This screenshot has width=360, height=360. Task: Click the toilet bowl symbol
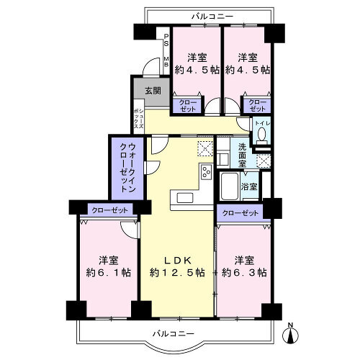pyautogui.click(x=261, y=134)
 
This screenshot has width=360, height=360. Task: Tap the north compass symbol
pyautogui.click(x=290, y=333)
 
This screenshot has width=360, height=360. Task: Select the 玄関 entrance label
pyautogui.click(x=153, y=91)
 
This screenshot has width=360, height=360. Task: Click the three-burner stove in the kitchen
pyautogui.click(x=207, y=171)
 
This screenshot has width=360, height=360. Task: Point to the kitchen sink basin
pyautogui.click(x=185, y=198)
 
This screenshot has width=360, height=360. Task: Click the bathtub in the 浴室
pyautogui.click(x=230, y=186)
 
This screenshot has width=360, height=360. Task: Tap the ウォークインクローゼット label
pyautogui.click(x=128, y=168)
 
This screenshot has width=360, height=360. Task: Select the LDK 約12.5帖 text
pyautogui.click(x=177, y=266)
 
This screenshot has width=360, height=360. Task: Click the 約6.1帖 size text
pyautogui.click(x=109, y=273)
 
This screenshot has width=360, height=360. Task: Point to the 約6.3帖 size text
pyautogui.click(x=244, y=273)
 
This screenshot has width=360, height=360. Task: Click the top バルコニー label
pyautogui.click(x=212, y=17)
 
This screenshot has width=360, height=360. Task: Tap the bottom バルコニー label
pyautogui.click(x=174, y=333)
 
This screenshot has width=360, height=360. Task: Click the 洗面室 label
pyautogui.click(x=242, y=156)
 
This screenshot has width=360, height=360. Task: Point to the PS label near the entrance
pyautogui.click(x=166, y=40)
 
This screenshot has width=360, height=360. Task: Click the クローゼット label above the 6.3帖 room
pyautogui.click(x=240, y=213)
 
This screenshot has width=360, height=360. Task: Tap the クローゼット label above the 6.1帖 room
pyautogui.click(x=109, y=210)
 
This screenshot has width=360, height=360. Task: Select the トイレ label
pyautogui.click(x=262, y=123)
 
